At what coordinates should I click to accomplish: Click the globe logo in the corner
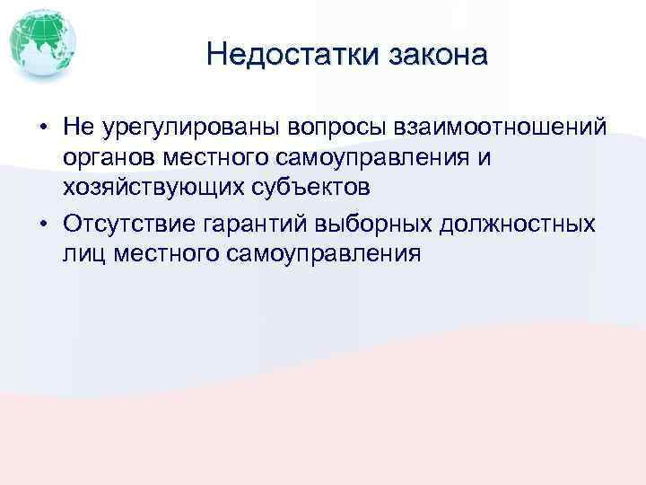pyautogui.click(x=42, y=42)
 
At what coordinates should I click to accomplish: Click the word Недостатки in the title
pyautogui.click(x=294, y=55)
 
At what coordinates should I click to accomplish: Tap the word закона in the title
pyautogui.click(x=439, y=55)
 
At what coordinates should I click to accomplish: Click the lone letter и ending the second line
pyautogui.click(x=484, y=160)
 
